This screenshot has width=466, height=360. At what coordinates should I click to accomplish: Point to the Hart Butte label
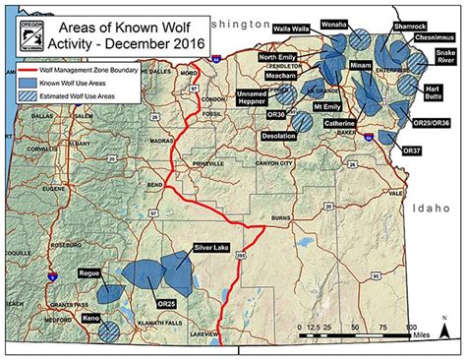[433, 94]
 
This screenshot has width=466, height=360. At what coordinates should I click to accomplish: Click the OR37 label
[411, 150]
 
